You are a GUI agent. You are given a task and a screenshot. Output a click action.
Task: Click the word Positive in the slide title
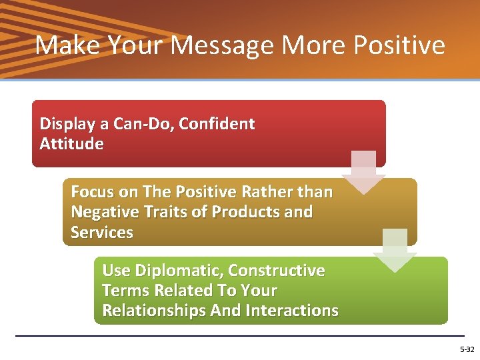(x=399, y=45)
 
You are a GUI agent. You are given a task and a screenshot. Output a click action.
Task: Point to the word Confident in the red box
(x=217, y=124)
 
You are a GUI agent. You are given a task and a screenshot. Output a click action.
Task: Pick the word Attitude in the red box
(x=71, y=144)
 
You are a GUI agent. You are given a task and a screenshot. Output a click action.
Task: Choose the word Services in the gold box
(x=102, y=233)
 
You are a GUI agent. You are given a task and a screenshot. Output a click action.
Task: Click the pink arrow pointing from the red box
(x=363, y=173)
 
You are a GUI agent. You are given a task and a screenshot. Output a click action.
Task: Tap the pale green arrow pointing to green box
(x=394, y=251)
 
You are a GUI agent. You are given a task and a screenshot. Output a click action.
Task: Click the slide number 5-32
(x=467, y=349)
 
